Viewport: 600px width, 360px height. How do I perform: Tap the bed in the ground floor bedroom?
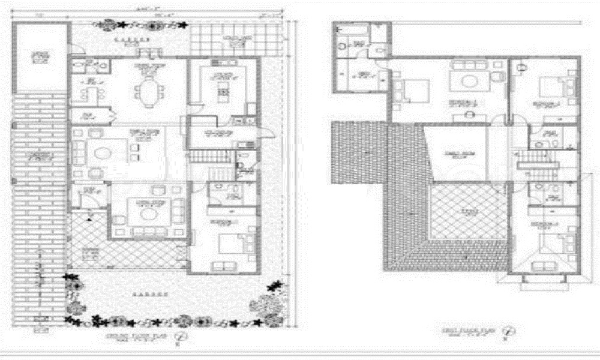click(x=232, y=244)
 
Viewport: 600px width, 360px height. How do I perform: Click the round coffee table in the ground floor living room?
click(x=146, y=214)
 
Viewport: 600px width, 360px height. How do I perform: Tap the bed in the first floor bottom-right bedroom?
click(x=549, y=245)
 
